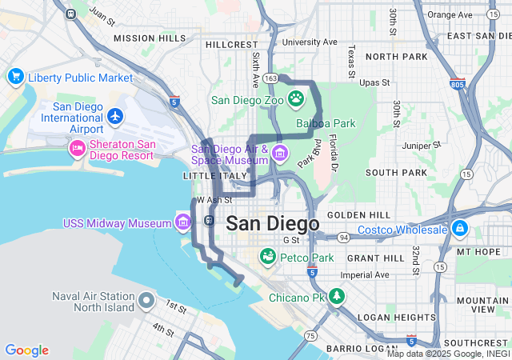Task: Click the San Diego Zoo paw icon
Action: [296, 99]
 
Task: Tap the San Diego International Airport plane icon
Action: [115, 117]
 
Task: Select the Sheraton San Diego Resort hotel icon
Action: [78, 147]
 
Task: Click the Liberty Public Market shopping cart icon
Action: [15, 77]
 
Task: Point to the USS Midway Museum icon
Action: [183, 221]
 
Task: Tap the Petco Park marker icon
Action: [267, 257]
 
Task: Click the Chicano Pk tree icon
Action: [338, 297]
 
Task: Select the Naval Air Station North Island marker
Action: [146, 301]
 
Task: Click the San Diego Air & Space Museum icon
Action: [279, 153]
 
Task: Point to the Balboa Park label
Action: [326, 124]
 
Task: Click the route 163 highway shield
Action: [271, 78]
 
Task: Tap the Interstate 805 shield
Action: [457, 83]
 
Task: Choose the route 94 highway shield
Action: [342, 238]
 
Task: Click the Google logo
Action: [26, 350]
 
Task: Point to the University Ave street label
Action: [310, 42]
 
